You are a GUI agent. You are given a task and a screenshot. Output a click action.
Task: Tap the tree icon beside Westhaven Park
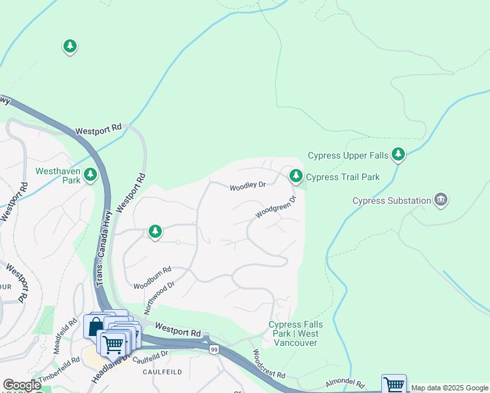[x=90, y=176]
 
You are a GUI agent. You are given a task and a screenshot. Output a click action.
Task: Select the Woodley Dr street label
[x=247, y=187]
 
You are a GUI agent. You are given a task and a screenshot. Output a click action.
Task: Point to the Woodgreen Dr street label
[x=276, y=206]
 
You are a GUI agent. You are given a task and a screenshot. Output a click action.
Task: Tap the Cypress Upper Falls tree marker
[x=398, y=155]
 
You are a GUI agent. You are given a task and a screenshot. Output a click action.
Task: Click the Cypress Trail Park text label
[x=343, y=177]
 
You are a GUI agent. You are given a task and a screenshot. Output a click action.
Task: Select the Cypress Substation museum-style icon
[x=441, y=200]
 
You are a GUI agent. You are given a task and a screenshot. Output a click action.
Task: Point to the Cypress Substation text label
[x=392, y=200]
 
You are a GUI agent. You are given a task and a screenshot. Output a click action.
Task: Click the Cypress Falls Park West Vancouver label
[x=293, y=333]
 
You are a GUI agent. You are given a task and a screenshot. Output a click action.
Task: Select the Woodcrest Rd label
[x=269, y=365]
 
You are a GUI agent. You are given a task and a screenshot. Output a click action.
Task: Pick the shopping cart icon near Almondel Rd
[x=394, y=385]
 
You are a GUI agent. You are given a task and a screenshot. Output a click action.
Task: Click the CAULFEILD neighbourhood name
[x=161, y=371]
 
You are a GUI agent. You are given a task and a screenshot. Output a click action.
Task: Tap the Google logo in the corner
[x=22, y=385]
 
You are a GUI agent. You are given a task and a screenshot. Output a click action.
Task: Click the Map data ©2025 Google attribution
[x=449, y=388]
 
